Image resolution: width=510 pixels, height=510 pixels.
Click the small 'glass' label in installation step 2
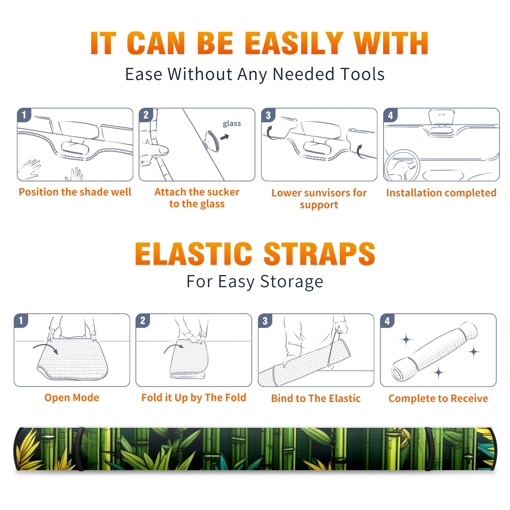pyautogui.click(x=232, y=124)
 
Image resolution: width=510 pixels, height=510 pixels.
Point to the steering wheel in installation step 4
pyautogui.click(x=402, y=166)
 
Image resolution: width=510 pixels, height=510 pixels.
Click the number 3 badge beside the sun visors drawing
pyautogui.click(x=268, y=115)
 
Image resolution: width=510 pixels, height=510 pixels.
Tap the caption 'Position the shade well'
pyautogui.click(x=75, y=192)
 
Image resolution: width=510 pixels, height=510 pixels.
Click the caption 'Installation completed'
pyautogui.click(x=441, y=193)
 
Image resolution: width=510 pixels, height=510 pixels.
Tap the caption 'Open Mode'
pyautogui.click(x=72, y=397)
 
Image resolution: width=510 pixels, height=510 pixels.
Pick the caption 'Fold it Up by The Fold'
pyautogui.click(x=194, y=397)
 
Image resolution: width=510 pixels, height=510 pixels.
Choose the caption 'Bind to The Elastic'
pyautogui.click(x=316, y=398)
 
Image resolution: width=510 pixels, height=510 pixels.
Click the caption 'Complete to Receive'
pyautogui.click(x=438, y=398)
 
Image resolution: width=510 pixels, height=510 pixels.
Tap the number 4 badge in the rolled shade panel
pyautogui.click(x=387, y=321)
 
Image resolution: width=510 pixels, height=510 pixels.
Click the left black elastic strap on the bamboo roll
pyautogui.click(x=81, y=449)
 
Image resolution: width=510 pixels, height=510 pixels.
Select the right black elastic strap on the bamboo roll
pyautogui.click(x=429, y=449)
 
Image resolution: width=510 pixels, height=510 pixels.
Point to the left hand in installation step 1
pyautogui.click(x=29, y=169)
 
